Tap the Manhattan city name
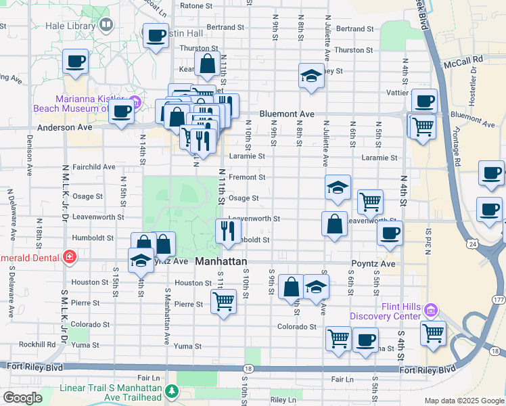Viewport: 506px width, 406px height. (221, 261)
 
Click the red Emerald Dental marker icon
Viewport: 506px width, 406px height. (68, 256)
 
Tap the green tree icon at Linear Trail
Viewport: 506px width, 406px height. (172, 390)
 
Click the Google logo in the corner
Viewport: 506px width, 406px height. (22, 398)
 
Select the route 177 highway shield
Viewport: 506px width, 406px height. (499, 299)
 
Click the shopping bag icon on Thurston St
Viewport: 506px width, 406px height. (208, 65)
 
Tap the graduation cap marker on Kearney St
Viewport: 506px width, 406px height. (310, 76)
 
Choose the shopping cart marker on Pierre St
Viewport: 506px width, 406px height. (223, 300)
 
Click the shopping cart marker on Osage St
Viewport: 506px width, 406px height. (370, 201)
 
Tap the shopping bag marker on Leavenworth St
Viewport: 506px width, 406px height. (334, 223)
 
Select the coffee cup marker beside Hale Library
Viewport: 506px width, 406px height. (156, 37)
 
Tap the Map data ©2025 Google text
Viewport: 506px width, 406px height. (463, 401)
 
